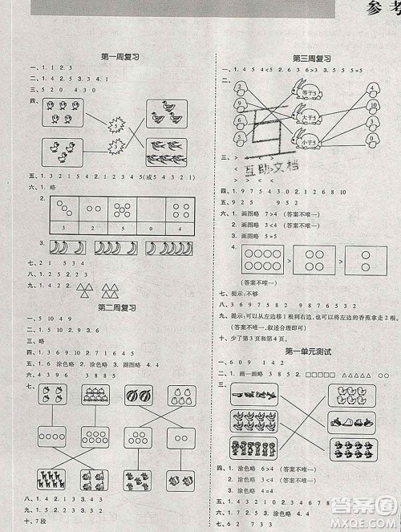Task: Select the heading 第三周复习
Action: click(312, 58)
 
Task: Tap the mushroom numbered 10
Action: click(373, 107)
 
